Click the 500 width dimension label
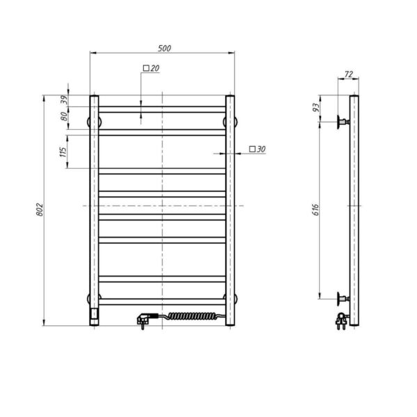[x=164, y=49]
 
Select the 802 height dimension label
[x=40, y=210]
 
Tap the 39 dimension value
[x=64, y=100]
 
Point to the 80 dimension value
[x=64, y=117]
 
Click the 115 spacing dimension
[x=63, y=152]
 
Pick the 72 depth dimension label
[x=348, y=74]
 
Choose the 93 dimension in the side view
[x=316, y=108]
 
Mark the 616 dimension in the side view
[x=316, y=210]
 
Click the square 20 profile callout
[x=151, y=68]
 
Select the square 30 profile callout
[x=257, y=149]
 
